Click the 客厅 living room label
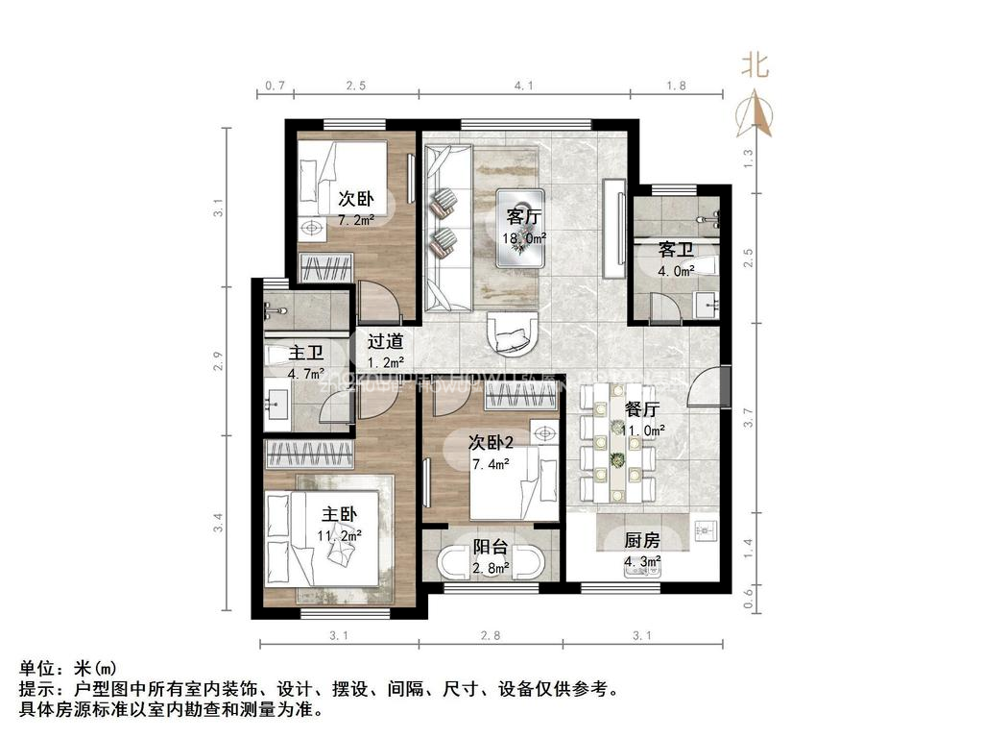522,215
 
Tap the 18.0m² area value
524,237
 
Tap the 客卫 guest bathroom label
676,250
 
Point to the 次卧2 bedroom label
491,442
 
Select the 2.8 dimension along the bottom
491,634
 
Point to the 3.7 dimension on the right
749,419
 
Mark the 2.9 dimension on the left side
219,362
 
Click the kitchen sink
706,529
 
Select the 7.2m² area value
355,220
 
